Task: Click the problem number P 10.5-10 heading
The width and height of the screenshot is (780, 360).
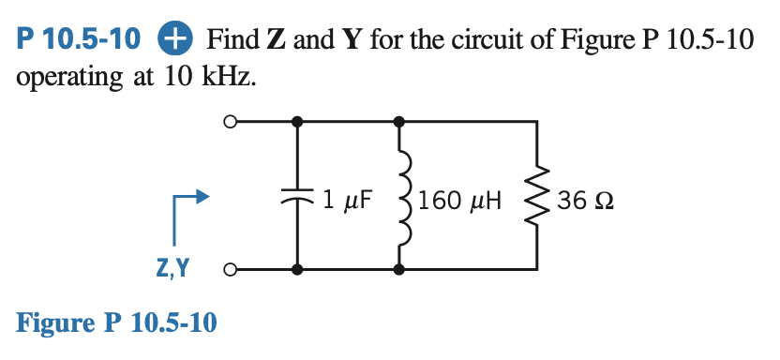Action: coord(80,40)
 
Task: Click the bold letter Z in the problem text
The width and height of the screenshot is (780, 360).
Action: coord(277,40)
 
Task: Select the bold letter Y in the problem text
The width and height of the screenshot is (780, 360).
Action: coord(352,40)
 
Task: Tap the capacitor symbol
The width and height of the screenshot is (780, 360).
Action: coord(297,198)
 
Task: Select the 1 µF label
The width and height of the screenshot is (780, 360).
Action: coord(348,199)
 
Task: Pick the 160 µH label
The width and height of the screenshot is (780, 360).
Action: coord(460,200)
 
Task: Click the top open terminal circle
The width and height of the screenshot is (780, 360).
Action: coord(228,121)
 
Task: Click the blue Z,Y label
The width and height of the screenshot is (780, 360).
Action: coord(171,269)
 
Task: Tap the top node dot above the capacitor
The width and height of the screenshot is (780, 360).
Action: coord(297,121)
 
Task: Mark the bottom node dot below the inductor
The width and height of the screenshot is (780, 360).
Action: coord(400,270)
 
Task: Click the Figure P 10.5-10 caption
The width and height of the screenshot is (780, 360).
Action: coord(117,323)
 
